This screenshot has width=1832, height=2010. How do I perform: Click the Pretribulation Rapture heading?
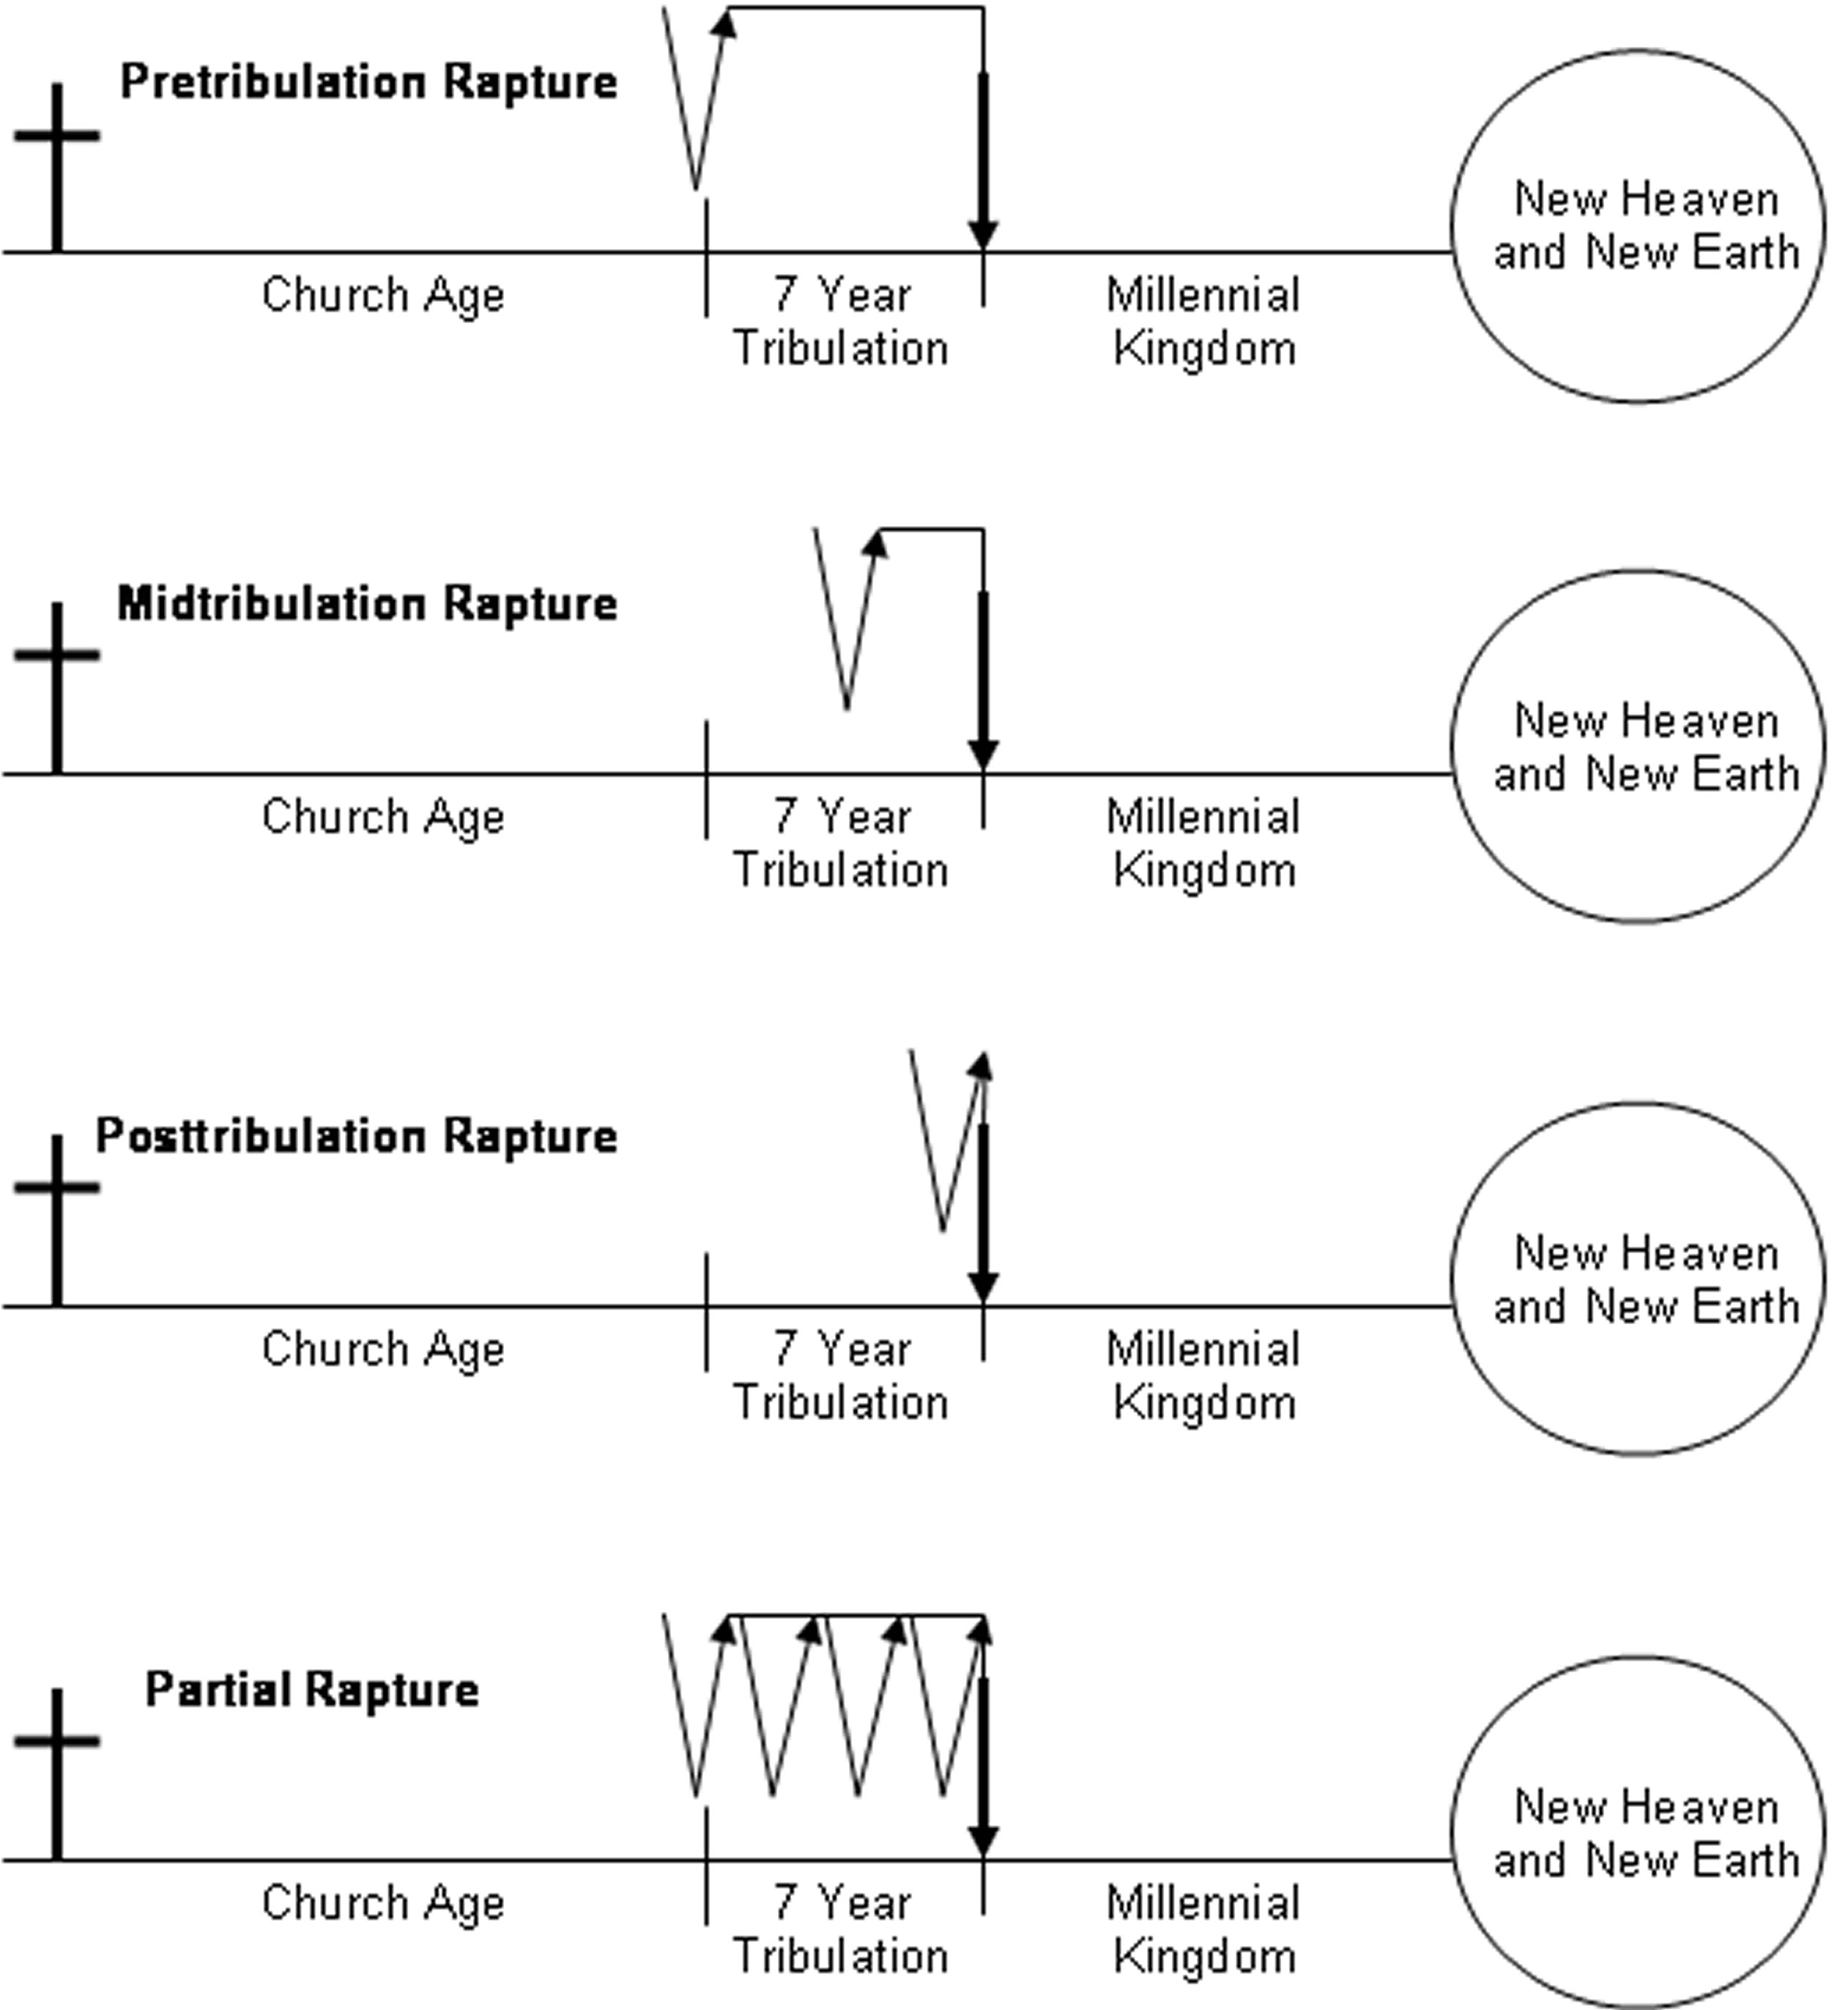pos(368,82)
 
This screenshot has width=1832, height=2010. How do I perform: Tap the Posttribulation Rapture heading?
pos(356,1136)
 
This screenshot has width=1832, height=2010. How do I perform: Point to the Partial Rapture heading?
pos(312,1689)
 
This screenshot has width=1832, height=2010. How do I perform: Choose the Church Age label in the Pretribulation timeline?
pos(383,295)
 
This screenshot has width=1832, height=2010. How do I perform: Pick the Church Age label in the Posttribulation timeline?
pos(383,1349)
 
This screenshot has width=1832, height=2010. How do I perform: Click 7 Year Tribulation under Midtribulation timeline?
pos(841,843)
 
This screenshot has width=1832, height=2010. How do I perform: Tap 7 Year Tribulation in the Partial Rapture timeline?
pos(841,1929)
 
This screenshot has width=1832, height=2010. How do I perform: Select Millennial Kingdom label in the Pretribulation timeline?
pos(1203,321)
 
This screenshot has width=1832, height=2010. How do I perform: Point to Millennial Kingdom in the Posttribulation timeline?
pos(1203,1376)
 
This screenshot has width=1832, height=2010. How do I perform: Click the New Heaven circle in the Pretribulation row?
pos(1638,226)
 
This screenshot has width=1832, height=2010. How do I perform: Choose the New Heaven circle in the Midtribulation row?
pos(1638,747)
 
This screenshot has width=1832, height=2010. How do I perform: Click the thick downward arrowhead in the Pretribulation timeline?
pos(983,234)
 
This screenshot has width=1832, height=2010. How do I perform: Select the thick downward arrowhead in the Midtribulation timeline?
pos(983,755)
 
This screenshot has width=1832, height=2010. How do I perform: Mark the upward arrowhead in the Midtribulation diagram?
pos(875,542)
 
